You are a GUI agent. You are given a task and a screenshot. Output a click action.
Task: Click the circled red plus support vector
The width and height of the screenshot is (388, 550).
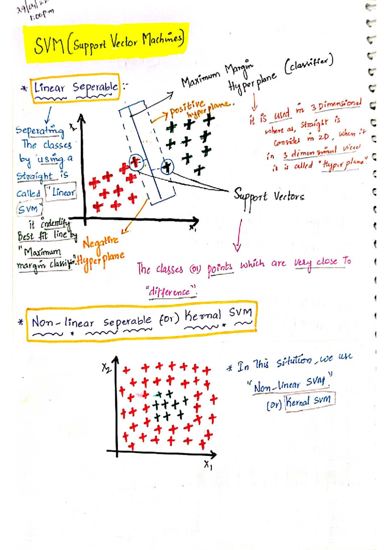(136, 162)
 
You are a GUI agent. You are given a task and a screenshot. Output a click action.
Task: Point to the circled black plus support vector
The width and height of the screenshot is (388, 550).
(167, 167)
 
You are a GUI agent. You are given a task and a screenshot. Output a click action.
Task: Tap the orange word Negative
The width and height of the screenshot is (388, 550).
(101, 241)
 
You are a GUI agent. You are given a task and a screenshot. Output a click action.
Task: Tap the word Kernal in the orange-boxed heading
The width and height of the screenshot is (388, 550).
(203, 315)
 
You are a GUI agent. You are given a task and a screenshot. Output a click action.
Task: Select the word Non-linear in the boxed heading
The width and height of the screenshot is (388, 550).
(62, 323)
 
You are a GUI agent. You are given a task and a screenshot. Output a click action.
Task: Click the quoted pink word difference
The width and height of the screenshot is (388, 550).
(171, 292)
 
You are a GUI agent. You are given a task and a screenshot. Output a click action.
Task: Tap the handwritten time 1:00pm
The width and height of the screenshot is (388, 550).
(41, 14)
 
